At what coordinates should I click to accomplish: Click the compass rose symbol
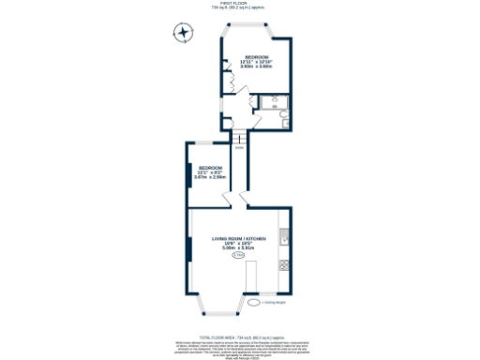pos(183,34)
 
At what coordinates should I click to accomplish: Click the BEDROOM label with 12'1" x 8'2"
pos(209,169)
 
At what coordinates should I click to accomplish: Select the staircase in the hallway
pos(240,140)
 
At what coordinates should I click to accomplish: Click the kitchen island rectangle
pos(251,278)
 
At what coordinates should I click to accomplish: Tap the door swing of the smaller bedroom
pos(226,198)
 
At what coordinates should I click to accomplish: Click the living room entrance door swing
pos(244,199)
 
